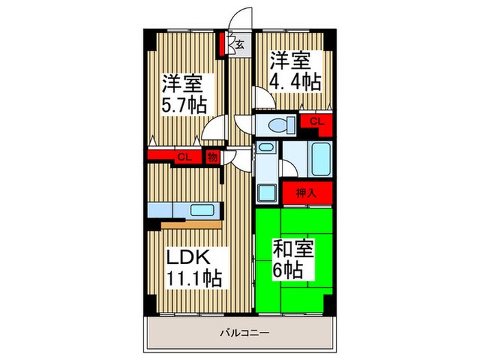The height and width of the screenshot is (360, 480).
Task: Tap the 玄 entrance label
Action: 241,45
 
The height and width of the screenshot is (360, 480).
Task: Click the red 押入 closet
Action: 305,193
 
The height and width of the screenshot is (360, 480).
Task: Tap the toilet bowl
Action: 277,125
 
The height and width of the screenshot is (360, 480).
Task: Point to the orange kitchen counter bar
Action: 191,224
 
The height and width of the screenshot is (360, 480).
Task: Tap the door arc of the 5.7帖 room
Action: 217,127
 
